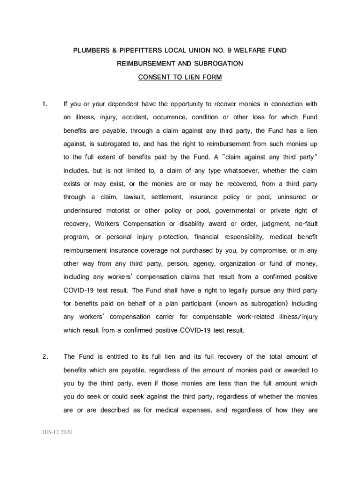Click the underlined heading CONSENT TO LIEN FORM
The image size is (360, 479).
180,77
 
